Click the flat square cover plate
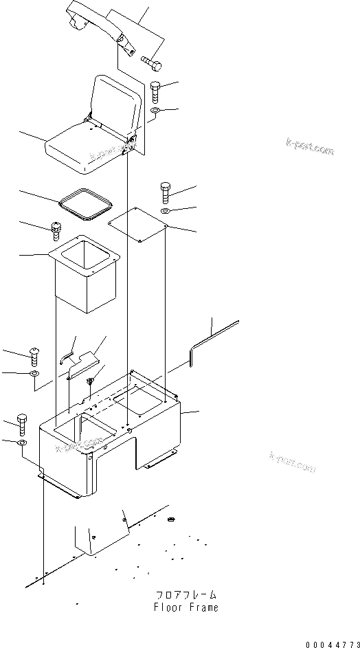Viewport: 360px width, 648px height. point(139,226)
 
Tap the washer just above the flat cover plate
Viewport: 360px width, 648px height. point(167,210)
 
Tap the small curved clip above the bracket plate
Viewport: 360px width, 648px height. point(67,355)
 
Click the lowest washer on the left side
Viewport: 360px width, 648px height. point(22,444)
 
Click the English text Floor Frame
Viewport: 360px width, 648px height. point(186,607)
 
